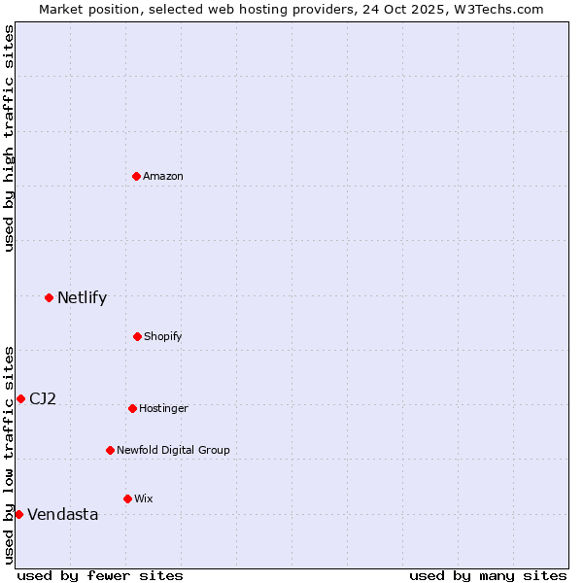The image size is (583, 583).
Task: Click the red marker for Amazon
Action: click(137, 176)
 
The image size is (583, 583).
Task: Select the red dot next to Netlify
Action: click(49, 297)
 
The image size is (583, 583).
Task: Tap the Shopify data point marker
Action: click(137, 336)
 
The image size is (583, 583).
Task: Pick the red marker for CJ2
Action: click(20, 398)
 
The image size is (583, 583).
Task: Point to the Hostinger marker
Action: click(132, 408)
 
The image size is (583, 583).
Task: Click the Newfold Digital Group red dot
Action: click(110, 450)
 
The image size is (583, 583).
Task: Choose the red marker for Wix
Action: click(127, 498)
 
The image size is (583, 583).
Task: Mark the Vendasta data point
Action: click(18, 514)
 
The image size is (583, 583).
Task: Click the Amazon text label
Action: click(163, 176)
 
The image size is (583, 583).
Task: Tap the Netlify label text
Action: click(82, 298)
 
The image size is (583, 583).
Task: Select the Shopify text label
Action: click(163, 336)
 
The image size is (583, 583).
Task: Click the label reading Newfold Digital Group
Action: click(173, 450)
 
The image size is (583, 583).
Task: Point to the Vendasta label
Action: click(62, 515)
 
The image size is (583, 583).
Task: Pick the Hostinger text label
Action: click(163, 408)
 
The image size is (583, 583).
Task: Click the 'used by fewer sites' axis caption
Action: click(100, 575)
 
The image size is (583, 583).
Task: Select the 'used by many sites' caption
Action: click(488, 575)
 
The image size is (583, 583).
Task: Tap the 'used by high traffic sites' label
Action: click(9, 138)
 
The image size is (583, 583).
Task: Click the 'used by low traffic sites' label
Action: click(9, 454)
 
